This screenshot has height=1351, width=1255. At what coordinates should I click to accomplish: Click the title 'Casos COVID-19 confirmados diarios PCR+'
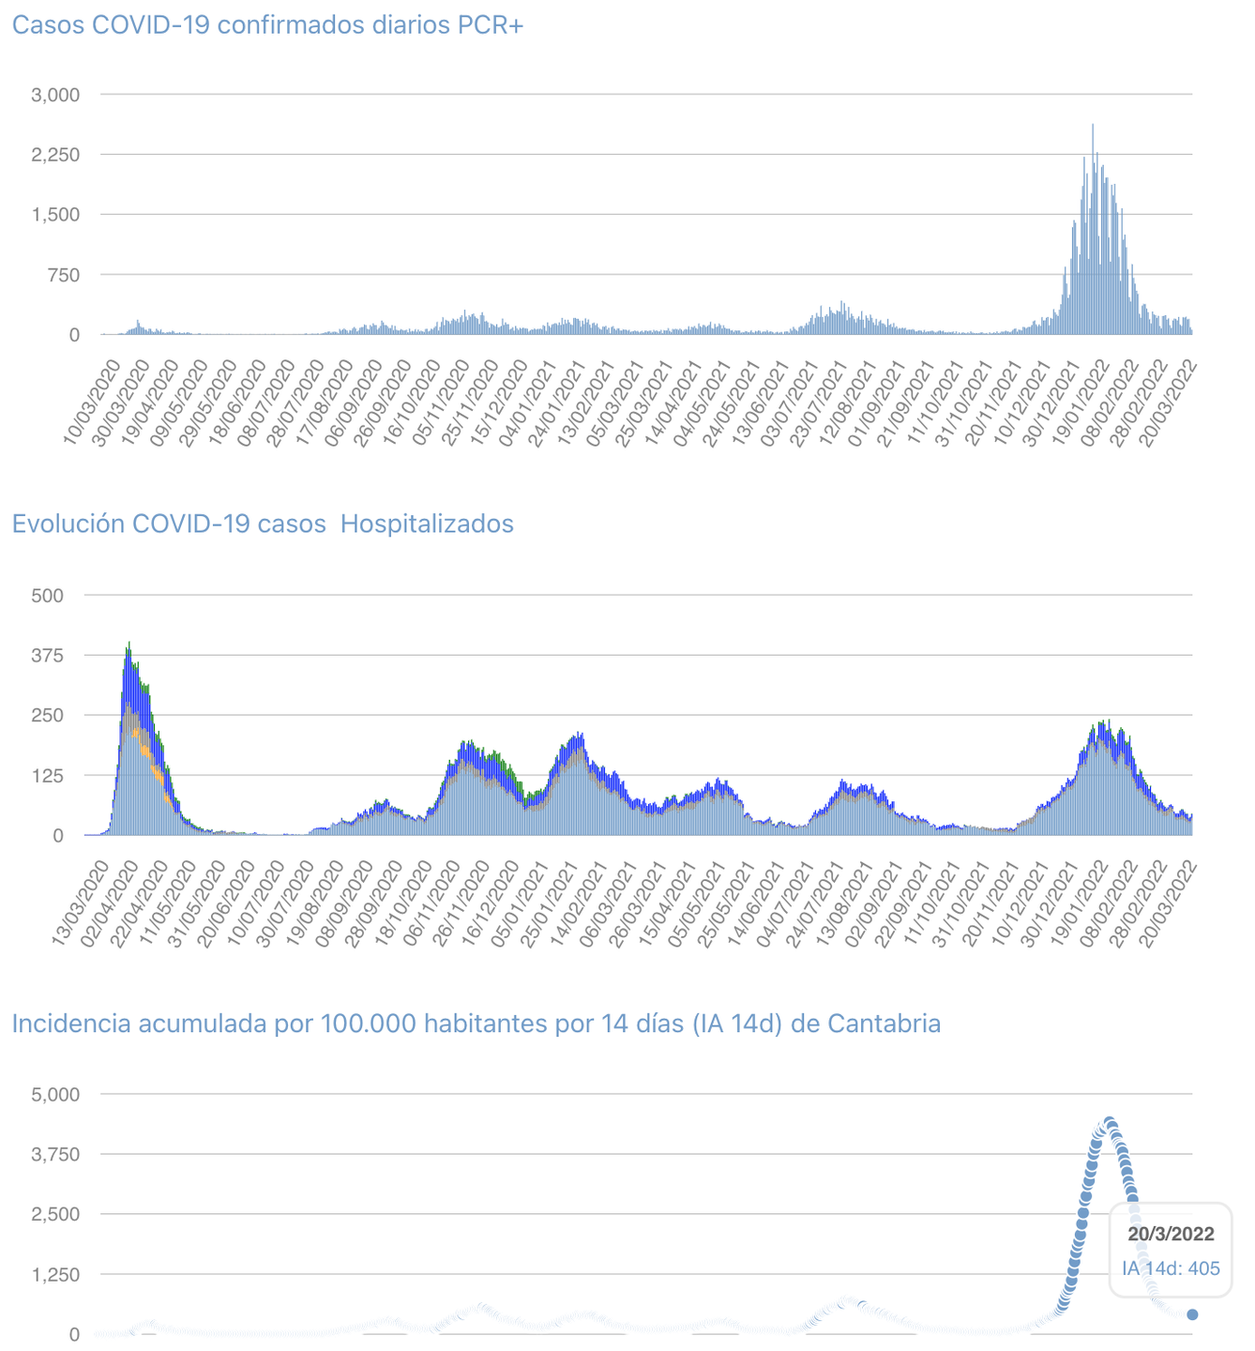click(x=267, y=25)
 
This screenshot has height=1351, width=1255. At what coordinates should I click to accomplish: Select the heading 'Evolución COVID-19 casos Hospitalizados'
click(x=263, y=524)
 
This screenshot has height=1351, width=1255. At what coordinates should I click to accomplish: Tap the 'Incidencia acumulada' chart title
click(x=476, y=1024)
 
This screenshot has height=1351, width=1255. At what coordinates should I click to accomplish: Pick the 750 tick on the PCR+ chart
click(x=64, y=275)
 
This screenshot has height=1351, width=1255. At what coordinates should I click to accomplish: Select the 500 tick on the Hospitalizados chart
click(x=47, y=595)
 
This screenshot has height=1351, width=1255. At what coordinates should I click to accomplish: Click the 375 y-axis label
click(x=47, y=655)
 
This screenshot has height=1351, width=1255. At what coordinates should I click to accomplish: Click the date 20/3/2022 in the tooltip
click(x=1171, y=1235)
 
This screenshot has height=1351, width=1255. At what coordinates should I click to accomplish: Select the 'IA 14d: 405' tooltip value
click(x=1171, y=1269)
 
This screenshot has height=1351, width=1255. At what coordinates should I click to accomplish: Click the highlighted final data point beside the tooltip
click(x=1192, y=1314)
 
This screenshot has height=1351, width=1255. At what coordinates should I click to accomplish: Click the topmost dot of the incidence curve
click(x=1110, y=1122)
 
